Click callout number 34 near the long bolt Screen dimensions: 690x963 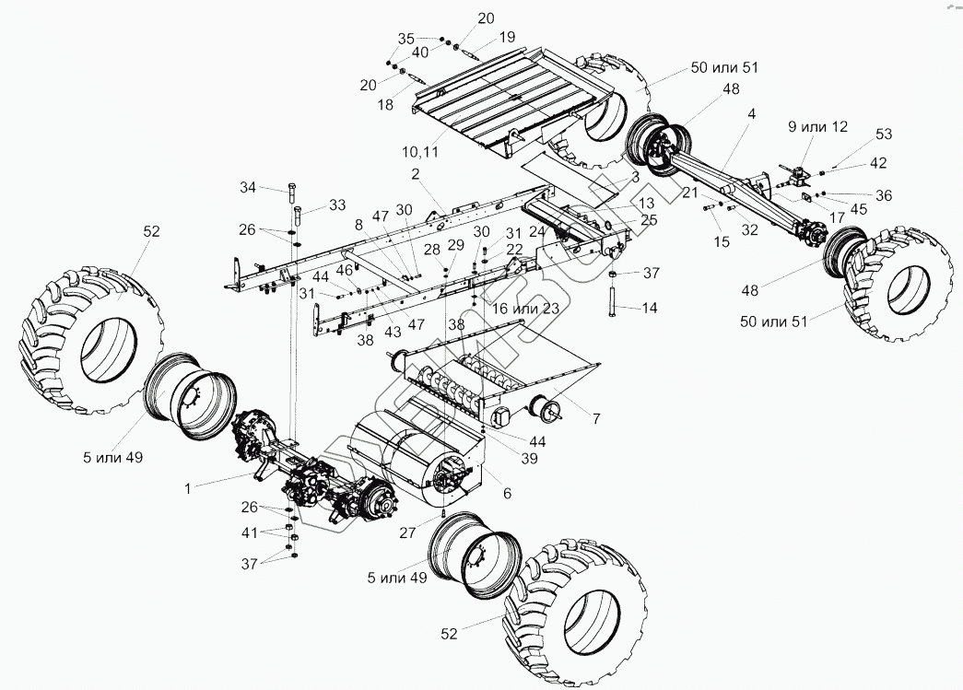point(248,188)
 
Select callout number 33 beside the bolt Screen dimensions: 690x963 point(312,205)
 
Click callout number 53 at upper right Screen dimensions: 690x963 point(884,134)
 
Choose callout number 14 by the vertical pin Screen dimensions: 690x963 point(650,307)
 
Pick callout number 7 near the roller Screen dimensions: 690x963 point(596,419)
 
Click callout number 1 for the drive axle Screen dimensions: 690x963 point(187,488)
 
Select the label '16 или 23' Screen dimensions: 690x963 point(527,307)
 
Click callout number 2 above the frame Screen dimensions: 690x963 point(416,174)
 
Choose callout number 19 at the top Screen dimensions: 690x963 point(508,38)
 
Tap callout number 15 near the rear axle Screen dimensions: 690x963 point(721,241)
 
